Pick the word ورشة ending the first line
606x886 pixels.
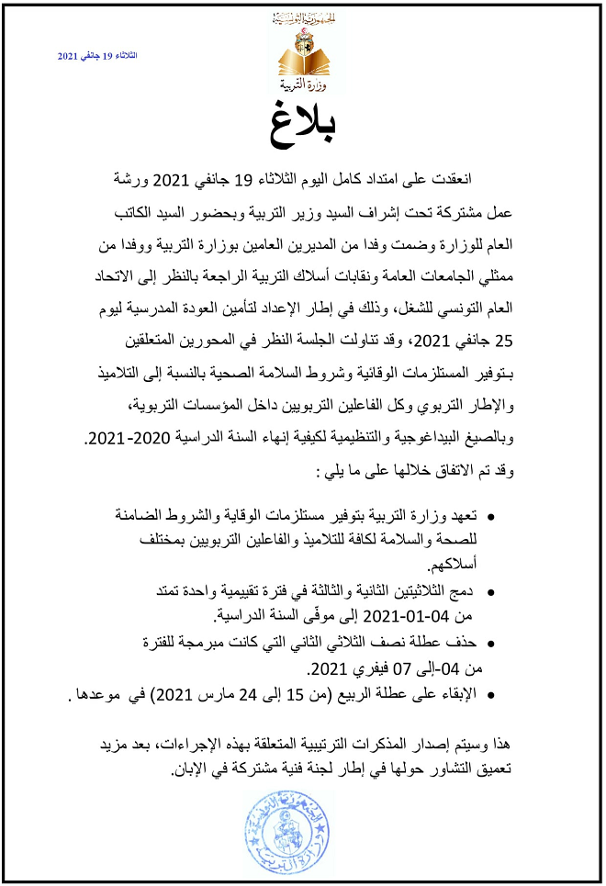pyautogui.click(x=114, y=177)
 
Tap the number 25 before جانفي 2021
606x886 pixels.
pyautogui.click(x=505, y=343)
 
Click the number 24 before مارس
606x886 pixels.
pyautogui.click(x=251, y=694)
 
